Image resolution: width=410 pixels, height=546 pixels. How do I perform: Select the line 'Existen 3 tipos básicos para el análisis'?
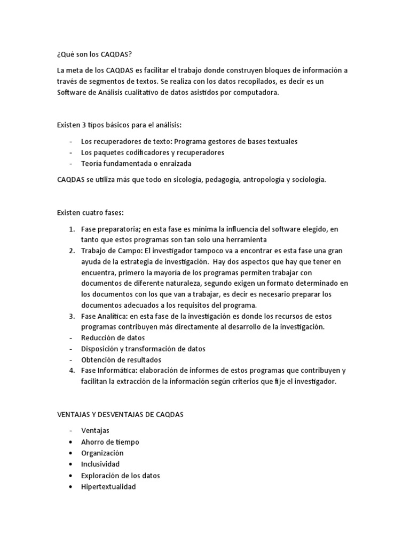pos(119,125)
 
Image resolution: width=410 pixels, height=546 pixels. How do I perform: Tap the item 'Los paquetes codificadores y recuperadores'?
pos(145,152)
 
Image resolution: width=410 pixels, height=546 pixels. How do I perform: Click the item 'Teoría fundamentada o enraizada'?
pos(136,164)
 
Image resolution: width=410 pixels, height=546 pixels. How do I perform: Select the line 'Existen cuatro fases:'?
pos(90,213)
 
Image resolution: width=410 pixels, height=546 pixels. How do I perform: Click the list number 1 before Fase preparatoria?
pos(72,229)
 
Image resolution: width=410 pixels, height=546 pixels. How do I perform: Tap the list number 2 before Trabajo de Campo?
pos(72,251)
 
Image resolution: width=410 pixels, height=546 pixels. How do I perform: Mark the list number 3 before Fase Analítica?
pos(72,316)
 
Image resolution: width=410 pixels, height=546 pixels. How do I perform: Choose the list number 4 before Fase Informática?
pos(72,371)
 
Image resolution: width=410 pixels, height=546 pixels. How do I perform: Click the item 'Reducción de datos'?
pos(113,338)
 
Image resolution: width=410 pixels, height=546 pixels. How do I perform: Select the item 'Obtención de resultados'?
pos(121,359)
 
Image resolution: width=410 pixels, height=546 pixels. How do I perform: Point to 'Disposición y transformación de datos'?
pos(143,349)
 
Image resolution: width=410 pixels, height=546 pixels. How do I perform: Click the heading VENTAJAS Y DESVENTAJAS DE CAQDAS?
pos(120,414)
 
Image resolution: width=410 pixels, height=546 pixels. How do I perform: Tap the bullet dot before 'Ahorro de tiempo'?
pos(71,442)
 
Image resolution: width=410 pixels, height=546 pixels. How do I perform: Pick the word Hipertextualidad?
pos(108,486)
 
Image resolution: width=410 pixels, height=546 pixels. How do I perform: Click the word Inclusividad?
pos(100,464)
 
